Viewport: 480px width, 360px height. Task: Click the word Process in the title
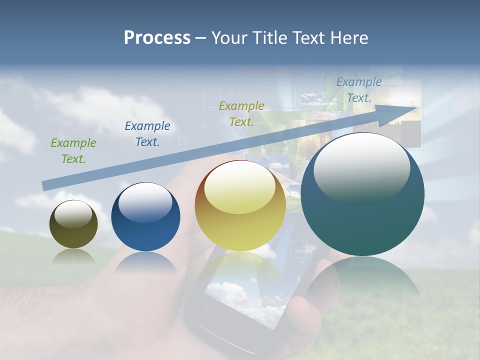(x=157, y=38)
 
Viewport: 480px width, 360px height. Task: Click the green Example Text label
(x=73, y=151)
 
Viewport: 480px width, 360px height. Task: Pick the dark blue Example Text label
(x=147, y=134)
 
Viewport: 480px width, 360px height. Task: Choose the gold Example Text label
(x=241, y=114)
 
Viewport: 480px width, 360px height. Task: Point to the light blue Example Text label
(x=358, y=90)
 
